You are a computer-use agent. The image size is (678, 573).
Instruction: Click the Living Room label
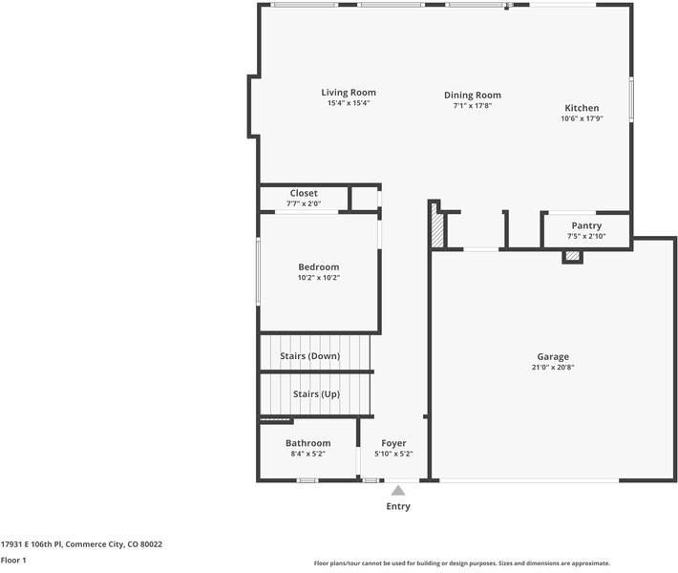pyautogui.click(x=349, y=92)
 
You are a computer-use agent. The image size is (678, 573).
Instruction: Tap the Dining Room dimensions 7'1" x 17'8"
pyautogui.click(x=472, y=105)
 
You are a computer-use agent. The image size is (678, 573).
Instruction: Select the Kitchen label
pyautogui.click(x=582, y=108)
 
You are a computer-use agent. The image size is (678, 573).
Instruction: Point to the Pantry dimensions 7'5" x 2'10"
pyautogui.click(x=586, y=236)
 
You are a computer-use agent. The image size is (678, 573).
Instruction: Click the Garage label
pyautogui.click(x=553, y=357)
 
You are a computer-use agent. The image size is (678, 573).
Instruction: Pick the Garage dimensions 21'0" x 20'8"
pyautogui.click(x=553, y=367)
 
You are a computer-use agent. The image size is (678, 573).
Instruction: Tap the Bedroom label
pyautogui.click(x=319, y=266)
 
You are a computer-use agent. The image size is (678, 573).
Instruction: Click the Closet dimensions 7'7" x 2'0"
pyautogui.click(x=304, y=203)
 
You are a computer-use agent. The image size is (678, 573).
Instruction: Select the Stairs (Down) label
pyautogui.click(x=310, y=356)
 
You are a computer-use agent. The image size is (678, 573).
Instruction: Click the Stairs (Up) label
pyautogui.click(x=316, y=394)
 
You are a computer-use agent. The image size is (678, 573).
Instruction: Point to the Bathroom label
pyautogui.click(x=307, y=443)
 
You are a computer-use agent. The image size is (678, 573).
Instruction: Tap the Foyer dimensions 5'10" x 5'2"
pyautogui.click(x=393, y=454)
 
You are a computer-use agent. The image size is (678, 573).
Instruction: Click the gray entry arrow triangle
pyautogui.click(x=398, y=491)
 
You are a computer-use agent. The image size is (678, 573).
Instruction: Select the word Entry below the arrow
pyautogui.click(x=398, y=506)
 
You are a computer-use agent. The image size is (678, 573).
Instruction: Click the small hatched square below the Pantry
pyautogui.click(x=573, y=256)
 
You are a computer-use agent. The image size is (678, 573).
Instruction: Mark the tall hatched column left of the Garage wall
pyautogui.click(x=437, y=226)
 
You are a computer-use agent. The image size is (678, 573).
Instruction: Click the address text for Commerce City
pyautogui.click(x=81, y=544)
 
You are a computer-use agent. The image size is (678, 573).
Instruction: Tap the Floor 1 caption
pyautogui.click(x=13, y=560)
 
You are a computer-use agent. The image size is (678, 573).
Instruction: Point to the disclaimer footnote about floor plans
pyautogui.click(x=462, y=563)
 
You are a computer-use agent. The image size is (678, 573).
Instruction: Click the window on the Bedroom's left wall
pyautogui.click(x=258, y=271)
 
